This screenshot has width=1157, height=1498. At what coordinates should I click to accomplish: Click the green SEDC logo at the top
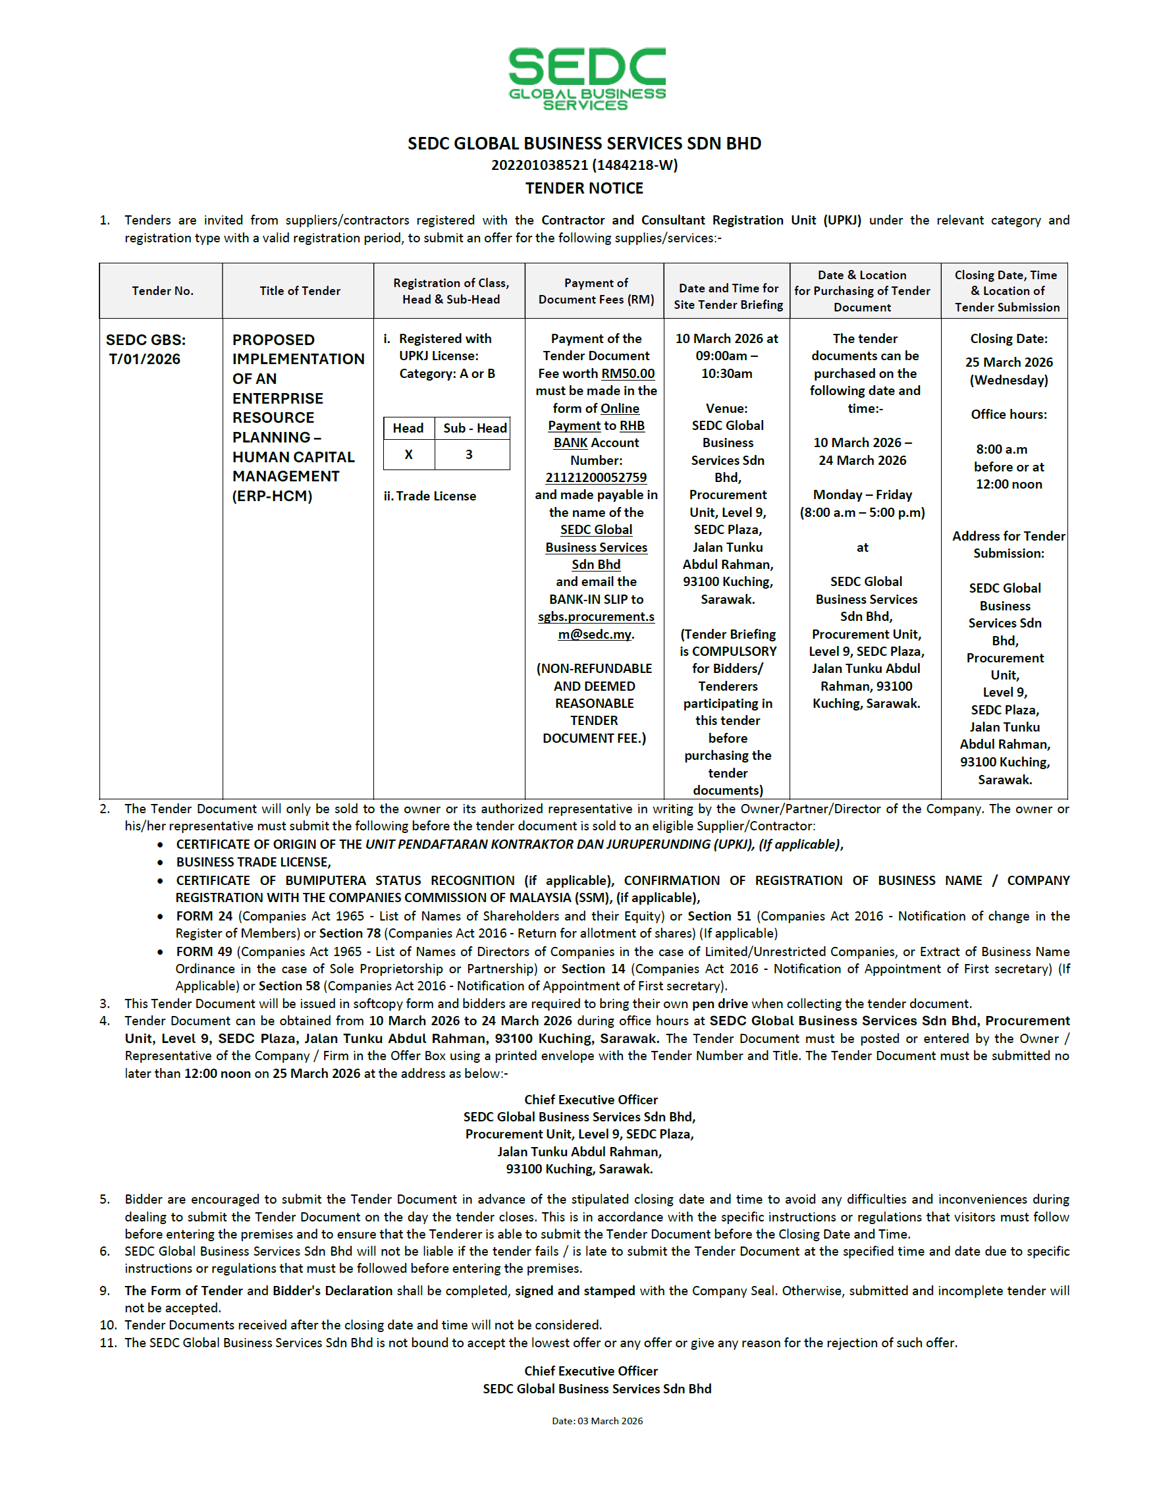[586, 78]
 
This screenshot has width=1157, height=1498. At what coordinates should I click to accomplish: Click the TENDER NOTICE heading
[584, 188]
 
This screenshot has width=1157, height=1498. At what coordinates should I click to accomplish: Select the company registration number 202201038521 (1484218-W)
[584, 165]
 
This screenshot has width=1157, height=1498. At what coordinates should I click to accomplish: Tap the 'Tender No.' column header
[163, 291]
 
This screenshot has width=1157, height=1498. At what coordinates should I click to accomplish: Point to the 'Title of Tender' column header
[300, 291]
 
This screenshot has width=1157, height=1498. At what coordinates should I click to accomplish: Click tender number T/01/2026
[145, 359]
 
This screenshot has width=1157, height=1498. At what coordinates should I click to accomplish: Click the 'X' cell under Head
[409, 454]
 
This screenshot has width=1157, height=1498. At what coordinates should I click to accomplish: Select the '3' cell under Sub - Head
[469, 454]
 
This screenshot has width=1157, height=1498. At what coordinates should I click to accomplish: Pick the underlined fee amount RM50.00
[628, 374]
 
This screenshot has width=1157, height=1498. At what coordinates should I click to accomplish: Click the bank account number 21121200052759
[596, 477]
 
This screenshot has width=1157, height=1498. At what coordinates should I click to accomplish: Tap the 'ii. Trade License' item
[430, 496]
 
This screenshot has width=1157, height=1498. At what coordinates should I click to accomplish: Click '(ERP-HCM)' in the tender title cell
[272, 496]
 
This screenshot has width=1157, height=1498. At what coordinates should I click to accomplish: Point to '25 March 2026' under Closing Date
[1009, 362]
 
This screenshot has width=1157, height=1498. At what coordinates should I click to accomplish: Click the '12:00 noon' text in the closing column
[1009, 484]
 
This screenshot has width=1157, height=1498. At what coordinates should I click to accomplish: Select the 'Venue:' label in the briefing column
[727, 408]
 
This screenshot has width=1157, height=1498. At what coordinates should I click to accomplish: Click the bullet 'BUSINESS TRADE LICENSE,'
[253, 862]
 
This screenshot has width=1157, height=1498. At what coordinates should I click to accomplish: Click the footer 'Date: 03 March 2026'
[597, 1421]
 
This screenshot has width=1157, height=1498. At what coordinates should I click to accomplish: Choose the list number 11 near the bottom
[108, 1343]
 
